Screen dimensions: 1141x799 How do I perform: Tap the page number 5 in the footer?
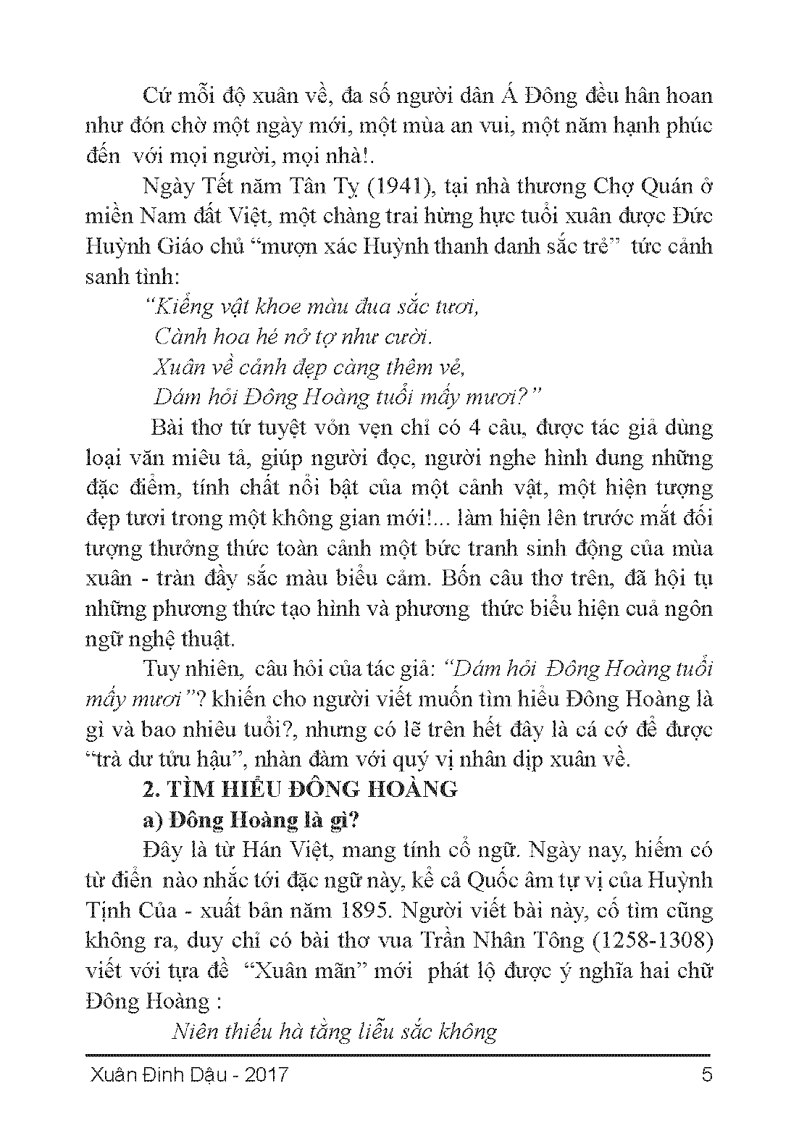(707, 1073)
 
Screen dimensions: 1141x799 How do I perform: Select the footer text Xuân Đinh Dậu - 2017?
(187, 1073)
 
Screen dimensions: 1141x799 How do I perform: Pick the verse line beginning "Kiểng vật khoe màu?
(313, 307)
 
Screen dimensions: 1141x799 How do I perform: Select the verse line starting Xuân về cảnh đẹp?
(308, 367)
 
